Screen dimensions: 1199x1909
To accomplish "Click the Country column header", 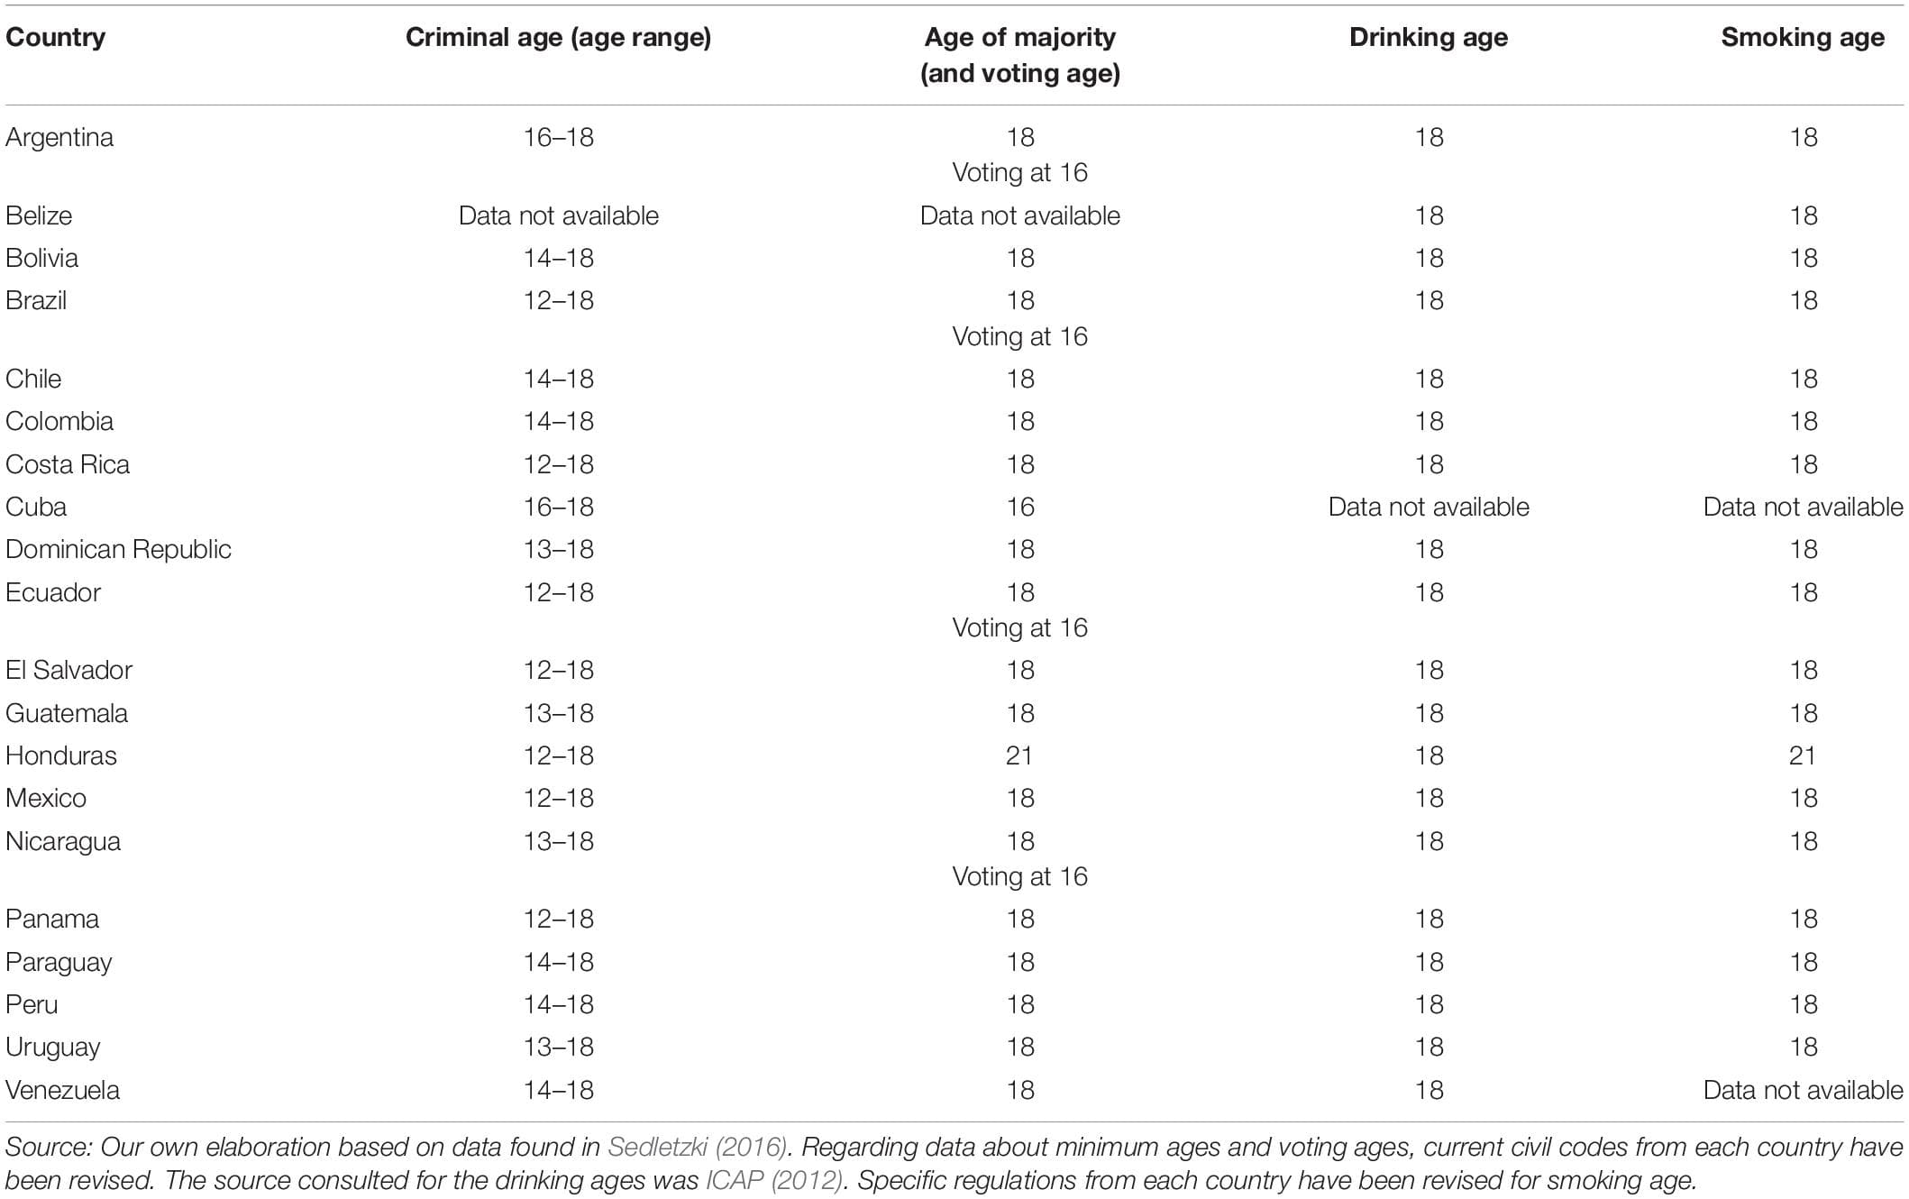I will click(55, 38).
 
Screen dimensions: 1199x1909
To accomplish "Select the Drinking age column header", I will click(1428, 38).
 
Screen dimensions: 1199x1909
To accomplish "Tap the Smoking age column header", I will click(1802, 38).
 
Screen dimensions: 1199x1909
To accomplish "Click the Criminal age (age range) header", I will click(558, 38).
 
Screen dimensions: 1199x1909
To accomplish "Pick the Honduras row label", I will click(61, 755).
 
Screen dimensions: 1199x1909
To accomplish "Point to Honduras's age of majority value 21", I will click(1019, 755).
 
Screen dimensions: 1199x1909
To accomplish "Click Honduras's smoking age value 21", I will click(1802, 755).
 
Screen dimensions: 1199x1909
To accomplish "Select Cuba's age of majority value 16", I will click(1019, 507).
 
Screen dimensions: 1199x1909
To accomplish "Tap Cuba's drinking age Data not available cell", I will click(1428, 507).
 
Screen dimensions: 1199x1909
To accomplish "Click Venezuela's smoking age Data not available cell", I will click(1802, 1090).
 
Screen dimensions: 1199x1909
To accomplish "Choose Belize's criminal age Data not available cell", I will click(558, 215).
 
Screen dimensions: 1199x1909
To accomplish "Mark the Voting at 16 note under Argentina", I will click(1019, 173).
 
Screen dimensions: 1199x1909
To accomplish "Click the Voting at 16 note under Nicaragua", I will click(1019, 876).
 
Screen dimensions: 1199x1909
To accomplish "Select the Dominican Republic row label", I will click(118, 549).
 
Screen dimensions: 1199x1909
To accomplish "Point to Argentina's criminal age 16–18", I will click(558, 137).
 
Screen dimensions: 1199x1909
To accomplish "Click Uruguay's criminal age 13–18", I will click(558, 1047).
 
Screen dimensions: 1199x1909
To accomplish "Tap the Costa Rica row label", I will click(68, 464).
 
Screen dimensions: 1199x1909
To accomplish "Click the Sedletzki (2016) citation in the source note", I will click(697, 1147).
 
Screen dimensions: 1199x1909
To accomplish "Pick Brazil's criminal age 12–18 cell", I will click(558, 300).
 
